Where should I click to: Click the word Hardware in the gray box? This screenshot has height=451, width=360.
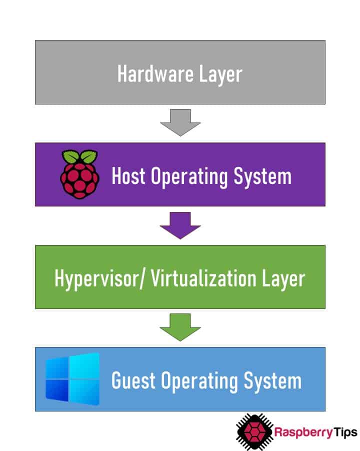click(x=149, y=73)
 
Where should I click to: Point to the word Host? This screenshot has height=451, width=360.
click(x=128, y=176)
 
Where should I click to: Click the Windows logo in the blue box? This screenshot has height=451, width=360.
click(x=72, y=379)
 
